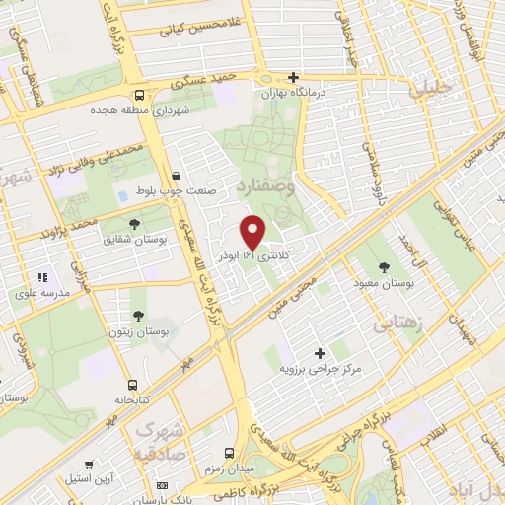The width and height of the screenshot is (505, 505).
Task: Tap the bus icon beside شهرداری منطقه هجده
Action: coord(139,96)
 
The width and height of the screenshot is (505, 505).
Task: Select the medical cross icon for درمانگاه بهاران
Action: coord(293,77)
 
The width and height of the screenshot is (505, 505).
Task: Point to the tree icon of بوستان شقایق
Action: coord(134,224)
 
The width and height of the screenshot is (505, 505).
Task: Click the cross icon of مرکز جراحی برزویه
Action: coord(319,352)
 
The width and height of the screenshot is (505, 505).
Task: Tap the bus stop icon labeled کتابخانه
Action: coord(131,386)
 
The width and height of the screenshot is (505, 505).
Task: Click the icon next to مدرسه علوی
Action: coord(41,279)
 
